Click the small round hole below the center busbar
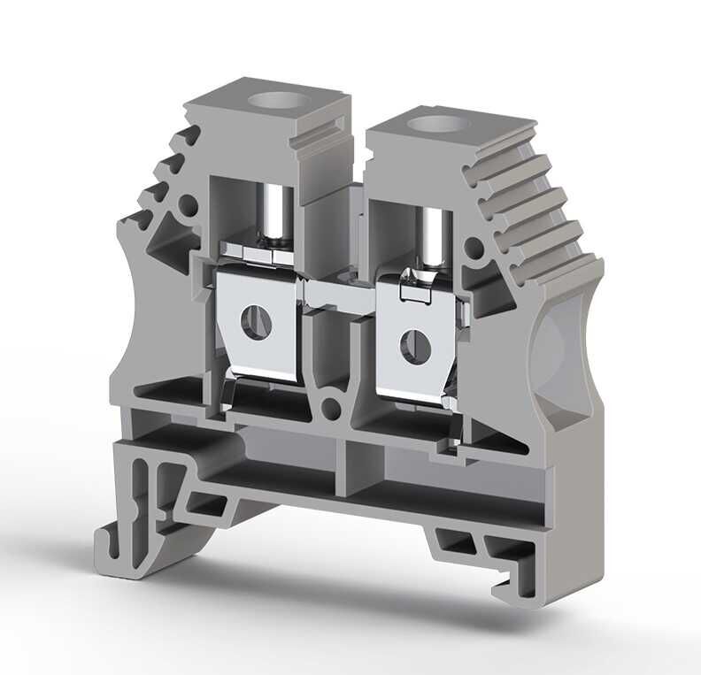(x=333, y=407)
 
